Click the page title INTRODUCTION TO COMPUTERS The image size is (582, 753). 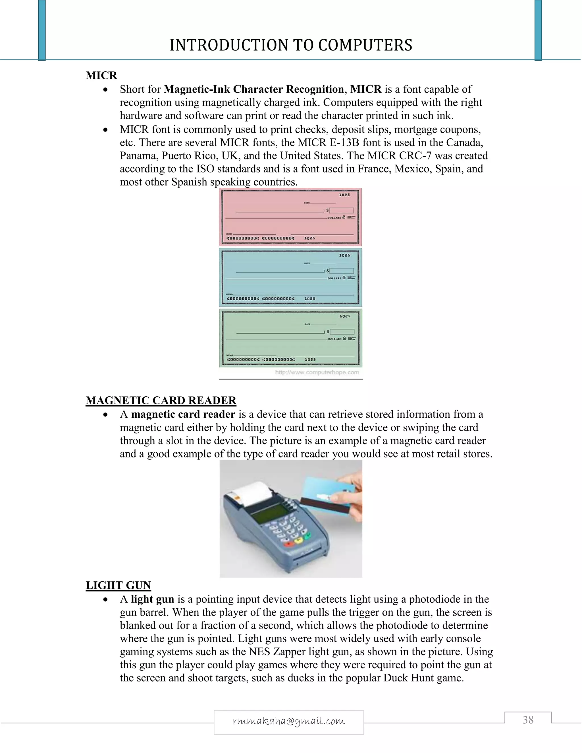point(291,45)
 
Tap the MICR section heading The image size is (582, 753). point(101,75)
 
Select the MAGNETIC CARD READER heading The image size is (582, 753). point(161,400)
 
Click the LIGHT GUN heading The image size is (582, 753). point(118,585)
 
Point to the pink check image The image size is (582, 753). point(290,217)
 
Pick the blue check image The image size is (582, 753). point(290,277)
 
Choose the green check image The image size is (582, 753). point(290,338)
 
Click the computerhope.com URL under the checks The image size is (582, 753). point(317,372)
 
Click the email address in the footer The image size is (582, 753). point(289,721)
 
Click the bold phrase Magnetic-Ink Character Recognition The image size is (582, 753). point(254,89)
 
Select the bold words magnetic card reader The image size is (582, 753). point(183,414)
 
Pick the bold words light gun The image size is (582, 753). point(152,599)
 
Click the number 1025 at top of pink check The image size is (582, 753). point(344,195)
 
